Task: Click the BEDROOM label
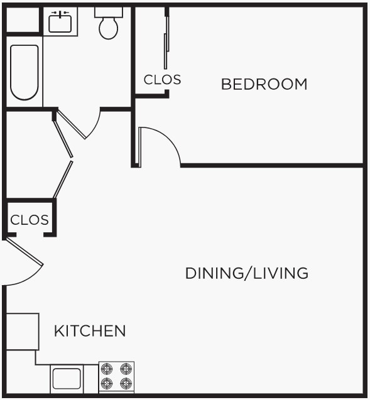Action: click(x=264, y=84)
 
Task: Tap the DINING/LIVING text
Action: click(x=246, y=273)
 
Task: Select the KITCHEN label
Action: click(x=90, y=331)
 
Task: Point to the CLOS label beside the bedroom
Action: click(x=162, y=80)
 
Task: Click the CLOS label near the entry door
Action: click(x=29, y=220)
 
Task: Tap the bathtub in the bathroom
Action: click(x=24, y=72)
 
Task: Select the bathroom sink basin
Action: click(x=60, y=24)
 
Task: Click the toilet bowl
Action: click(x=109, y=28)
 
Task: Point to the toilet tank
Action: click(x=109, y=12)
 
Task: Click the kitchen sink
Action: click(x=67, y=379)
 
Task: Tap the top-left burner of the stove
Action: click(x=107, y=369)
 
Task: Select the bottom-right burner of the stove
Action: click(x=126, y=382)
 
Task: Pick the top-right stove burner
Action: click(x=126, y=369)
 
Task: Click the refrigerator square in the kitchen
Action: click(x=22, y=331)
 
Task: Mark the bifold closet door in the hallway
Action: click(x=63, y=157)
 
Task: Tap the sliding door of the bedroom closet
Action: click(x=166, y=44)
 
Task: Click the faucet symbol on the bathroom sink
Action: click(x=60, y=13)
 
